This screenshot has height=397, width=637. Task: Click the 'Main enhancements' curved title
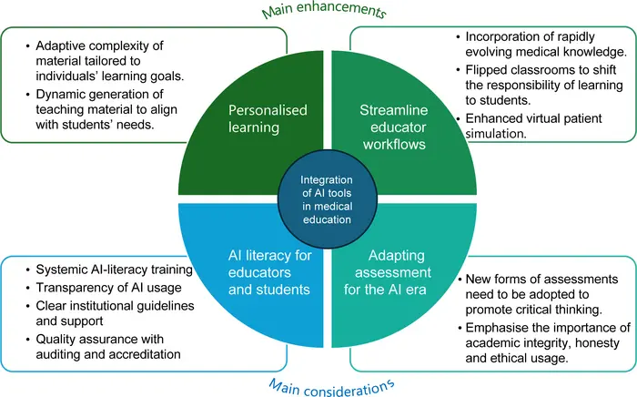pyautogui.click(x=324, y=10)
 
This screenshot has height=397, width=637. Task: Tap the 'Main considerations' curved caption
pyautogui.click(x=331, y=388)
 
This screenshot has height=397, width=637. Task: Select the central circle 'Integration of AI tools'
pyautogui.click(x=327, y=199)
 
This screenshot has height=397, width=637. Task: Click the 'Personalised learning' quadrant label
pyautogui.click(x=268, y=118)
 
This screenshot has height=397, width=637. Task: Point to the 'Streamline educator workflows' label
pyautogui.click(x=394, y=127)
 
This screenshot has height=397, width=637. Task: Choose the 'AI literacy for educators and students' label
pyautogui.click(x=269, y=272)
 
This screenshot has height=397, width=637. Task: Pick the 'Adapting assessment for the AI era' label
pyautogui.click(x=387, y=272)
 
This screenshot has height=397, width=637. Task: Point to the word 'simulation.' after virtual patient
pyautogui.click(x=496, y=134)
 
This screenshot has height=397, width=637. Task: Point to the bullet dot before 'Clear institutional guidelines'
pyautogui.click(x=28, y=306)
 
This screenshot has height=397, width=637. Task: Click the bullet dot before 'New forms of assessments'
pyautogui.click(x=460, y=280)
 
